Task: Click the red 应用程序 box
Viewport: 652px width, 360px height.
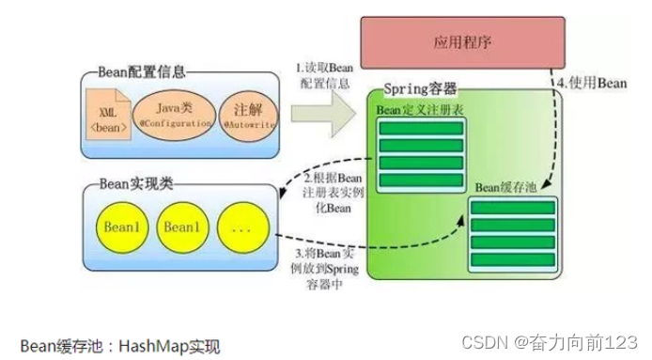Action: (463, 42)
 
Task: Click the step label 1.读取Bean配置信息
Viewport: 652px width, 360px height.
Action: (324, 74)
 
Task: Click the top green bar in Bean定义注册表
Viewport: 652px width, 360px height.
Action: (420, 128)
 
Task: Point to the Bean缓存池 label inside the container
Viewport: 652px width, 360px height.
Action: (508, 185)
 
